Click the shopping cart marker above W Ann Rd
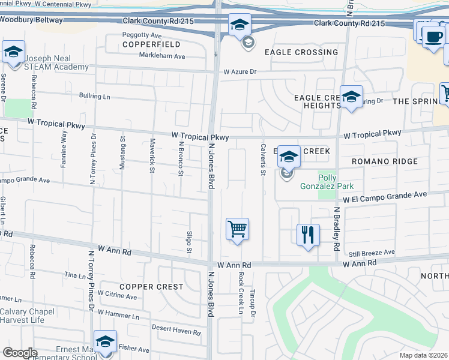[237, 229]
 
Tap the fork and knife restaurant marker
[308, 235]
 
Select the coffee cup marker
[433, 37]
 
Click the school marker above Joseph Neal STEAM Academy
[12, 52]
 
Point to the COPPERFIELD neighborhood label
[143, 45]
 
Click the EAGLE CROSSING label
[301, 52]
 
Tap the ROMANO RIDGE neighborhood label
[384, 161]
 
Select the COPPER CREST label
[151, 287]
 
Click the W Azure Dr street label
[240, 71]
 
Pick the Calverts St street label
[262, 159]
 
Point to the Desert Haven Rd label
[176, 330]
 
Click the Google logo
[20, 353]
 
